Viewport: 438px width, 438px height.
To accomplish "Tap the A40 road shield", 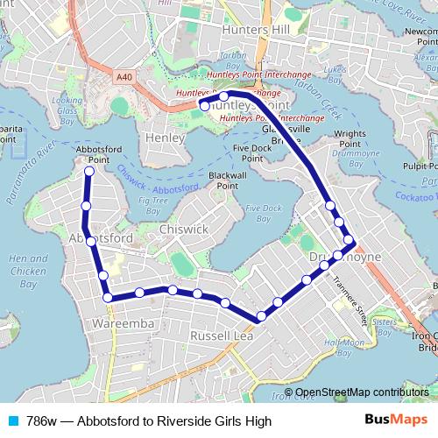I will pos(124,77).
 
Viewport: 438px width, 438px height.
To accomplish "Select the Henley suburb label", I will pos(166,138).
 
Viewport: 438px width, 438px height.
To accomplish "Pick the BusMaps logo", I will pos(402,420).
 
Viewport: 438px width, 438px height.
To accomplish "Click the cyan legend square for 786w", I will pos(12,420).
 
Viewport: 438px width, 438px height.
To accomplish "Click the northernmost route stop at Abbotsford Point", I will pos(88,172).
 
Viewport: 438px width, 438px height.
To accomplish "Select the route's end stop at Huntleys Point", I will pos(204,106).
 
